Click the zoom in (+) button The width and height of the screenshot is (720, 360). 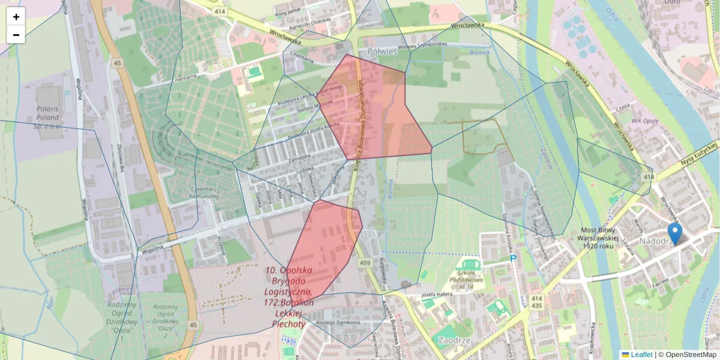point(16,16)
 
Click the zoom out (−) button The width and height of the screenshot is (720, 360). point(16,35)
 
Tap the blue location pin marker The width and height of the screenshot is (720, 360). point(675,233)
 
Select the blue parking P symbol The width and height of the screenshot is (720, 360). point(513,259)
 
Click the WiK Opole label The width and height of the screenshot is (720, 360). point(646,121)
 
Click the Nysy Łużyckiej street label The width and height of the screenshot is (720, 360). point(700,154)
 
